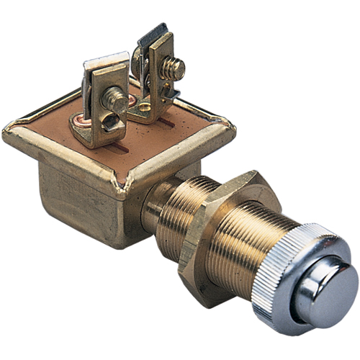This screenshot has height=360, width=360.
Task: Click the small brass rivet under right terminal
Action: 144,108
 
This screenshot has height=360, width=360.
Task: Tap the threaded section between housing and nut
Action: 169,205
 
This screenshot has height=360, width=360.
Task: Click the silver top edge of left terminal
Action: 104,59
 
